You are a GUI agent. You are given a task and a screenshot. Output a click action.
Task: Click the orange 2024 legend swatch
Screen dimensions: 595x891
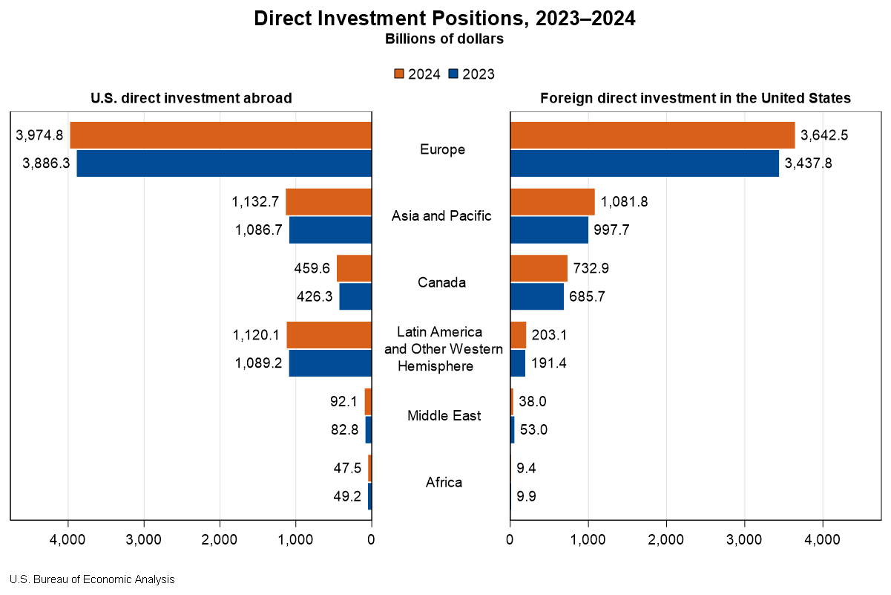pos(398,74)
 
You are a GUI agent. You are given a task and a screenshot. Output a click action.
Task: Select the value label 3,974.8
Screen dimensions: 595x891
pos(39,135)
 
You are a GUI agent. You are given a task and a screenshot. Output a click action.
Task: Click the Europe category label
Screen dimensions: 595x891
pos(442,149)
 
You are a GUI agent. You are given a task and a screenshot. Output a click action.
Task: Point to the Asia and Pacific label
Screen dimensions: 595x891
pos(441,216)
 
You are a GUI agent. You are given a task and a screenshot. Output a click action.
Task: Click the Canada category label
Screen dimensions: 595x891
pos(441,282)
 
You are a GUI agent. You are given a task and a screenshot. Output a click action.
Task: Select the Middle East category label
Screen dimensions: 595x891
pos(444,415)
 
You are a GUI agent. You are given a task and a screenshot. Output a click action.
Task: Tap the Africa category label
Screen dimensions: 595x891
pos(444,482)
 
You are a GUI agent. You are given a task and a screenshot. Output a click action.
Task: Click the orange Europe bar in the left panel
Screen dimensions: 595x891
pos(220,135)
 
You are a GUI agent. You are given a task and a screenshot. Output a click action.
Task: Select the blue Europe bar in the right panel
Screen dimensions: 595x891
pos(645,163)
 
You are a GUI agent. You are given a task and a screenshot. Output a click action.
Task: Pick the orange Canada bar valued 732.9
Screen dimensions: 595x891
pos(539,268)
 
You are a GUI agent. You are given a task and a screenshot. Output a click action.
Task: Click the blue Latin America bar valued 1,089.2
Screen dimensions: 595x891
pos(330,363)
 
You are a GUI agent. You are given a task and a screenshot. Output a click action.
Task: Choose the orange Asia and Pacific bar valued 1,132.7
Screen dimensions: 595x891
pos(329,202)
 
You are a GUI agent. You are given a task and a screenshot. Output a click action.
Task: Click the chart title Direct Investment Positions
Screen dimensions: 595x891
pos(444,19)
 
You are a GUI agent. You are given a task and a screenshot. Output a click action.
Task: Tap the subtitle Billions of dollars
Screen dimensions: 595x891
pos(444,39)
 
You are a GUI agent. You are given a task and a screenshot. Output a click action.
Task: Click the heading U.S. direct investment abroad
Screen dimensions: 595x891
pos(191,98)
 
